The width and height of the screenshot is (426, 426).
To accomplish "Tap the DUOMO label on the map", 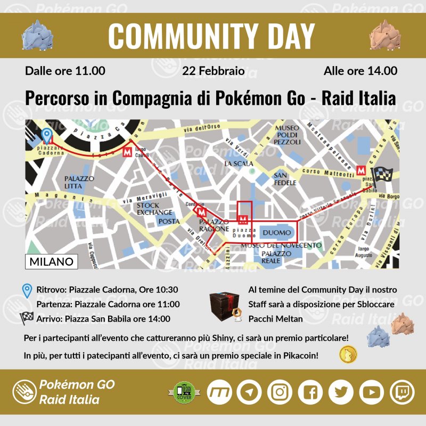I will pyautogui.click(x=277, y=233).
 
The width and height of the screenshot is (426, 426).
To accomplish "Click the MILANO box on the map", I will pyautogui.click(x=52, y=261).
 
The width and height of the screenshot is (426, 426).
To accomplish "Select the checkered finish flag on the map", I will pyautogui.click(x=382, y=175).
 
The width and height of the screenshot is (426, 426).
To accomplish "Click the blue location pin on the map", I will pyautogui.click(x=47, y=136).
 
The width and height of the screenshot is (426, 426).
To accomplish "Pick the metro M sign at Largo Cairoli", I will pyautogui.click(x=127, y=152).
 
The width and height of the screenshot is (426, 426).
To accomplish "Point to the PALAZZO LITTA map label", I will pyautogui.click(x=79, y=183).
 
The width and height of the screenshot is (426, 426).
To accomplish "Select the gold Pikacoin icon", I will pyautogui.click(x=349, y=354).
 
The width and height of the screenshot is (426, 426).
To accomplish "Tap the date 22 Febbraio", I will pyautogui.click(x=214, y=71).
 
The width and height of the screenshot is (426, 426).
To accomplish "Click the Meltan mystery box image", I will pyautogui.click(x=223, y=306).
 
